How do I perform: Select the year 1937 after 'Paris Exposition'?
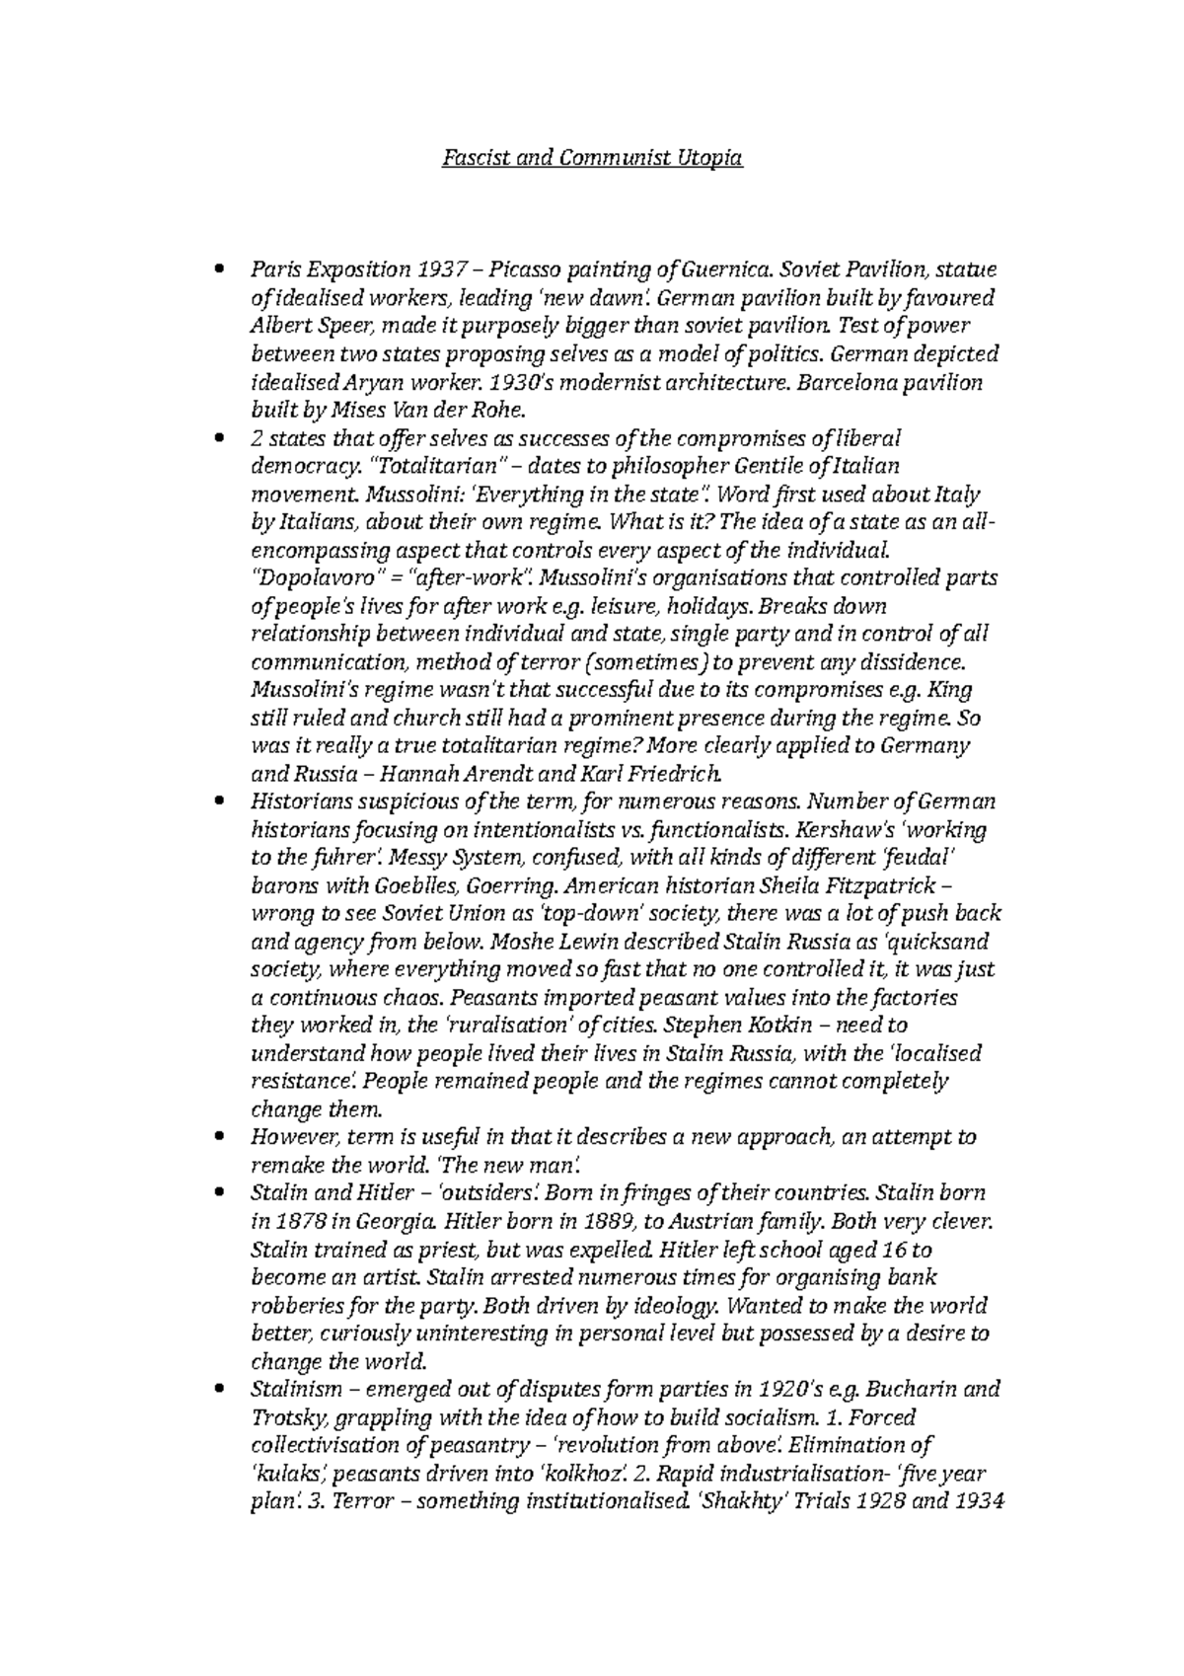pos(443,269)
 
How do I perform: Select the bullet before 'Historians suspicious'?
pos(217,801)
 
